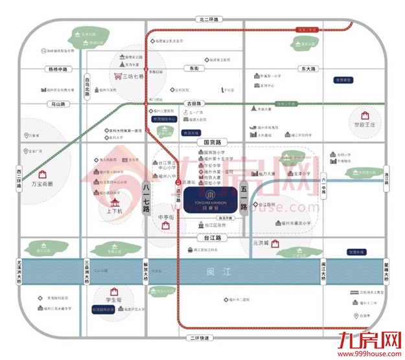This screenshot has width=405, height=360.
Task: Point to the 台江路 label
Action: [x=205, y=238]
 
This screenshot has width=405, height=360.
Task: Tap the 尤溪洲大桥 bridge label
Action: [x=19, y=270]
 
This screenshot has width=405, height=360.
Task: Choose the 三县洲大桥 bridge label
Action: [x=86, y=271]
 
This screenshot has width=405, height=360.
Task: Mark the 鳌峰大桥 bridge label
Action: [x=387, y=271]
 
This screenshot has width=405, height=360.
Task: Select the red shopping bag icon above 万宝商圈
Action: [x=41, y=174]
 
